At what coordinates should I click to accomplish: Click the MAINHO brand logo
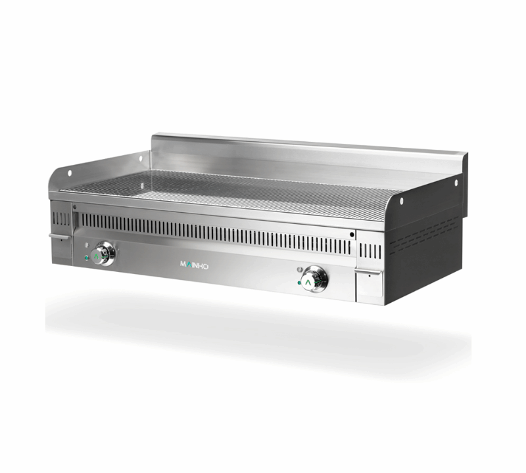[x=194, y=264]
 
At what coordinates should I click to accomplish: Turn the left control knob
[x=103, y=254]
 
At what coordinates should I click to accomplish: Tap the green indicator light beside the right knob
[x=299, y=284]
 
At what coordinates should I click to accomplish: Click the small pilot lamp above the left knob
[x=87, y=245]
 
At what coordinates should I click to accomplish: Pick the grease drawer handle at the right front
[x=367, y=270]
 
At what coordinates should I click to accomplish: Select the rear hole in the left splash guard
[x=140, y=156]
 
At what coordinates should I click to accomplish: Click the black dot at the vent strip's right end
[x=352, y=233]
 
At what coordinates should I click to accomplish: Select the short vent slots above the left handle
[x=60, y=218]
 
